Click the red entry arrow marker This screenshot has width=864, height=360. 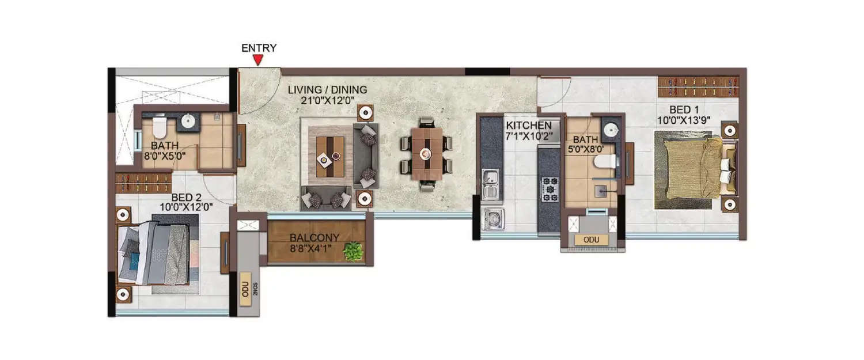pos(259,60)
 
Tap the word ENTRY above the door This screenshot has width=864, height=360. pos(259,48)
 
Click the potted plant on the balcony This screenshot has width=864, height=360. pos(352,251)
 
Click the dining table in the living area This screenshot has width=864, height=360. pos(426,153)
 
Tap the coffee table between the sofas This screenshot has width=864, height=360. pos(329,156)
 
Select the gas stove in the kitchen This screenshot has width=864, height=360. pos(549,188)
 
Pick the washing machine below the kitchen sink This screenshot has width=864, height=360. pos(492,219)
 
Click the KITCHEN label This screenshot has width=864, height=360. pos(528,126)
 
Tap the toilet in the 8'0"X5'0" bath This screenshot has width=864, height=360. pos(159,124)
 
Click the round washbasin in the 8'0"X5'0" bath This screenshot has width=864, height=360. pos(188,121)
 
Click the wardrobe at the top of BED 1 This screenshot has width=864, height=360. pos(698,86)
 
